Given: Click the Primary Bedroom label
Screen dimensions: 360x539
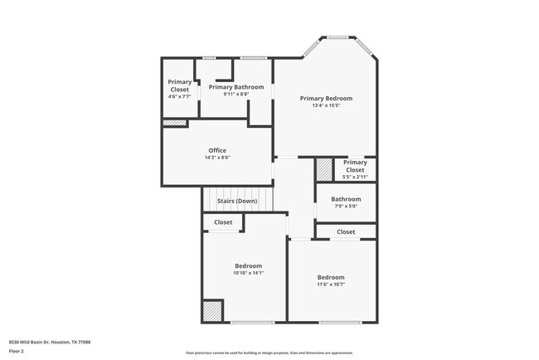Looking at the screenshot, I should click(326, 98).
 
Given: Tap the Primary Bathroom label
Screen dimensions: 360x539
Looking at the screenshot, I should click(236, 87).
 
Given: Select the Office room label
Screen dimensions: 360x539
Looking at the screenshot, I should click(217, 150).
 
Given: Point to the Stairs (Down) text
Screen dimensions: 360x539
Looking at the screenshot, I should click(237, 201).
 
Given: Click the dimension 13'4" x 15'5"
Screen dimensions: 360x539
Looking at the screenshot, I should click(326, 106).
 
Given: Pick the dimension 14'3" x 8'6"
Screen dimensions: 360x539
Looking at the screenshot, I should click(217, 158).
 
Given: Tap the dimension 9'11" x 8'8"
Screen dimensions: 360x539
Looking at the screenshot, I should click(236, 95).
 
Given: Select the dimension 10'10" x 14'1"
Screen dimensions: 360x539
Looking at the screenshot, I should click(248, 272).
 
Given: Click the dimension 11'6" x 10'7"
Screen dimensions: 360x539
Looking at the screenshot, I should click(331, 285).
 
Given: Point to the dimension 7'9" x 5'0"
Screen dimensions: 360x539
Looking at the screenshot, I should click(346, 207).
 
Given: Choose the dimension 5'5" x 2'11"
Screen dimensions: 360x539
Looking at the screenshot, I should click(355, 177).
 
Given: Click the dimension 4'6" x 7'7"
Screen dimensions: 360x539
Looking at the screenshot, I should click(180, 96).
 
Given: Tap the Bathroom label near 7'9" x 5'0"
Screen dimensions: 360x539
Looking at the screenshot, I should click(346, 199).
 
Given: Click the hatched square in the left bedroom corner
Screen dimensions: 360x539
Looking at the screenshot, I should click(212, 311).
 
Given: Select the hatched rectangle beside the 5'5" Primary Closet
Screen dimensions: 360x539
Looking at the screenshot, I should click(323, 170).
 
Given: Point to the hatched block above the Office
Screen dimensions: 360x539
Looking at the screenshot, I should click(174, 124).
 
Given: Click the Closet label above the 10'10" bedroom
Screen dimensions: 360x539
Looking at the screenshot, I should click(223, 222).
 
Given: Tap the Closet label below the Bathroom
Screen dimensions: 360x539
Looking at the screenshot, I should click(346, 231).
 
